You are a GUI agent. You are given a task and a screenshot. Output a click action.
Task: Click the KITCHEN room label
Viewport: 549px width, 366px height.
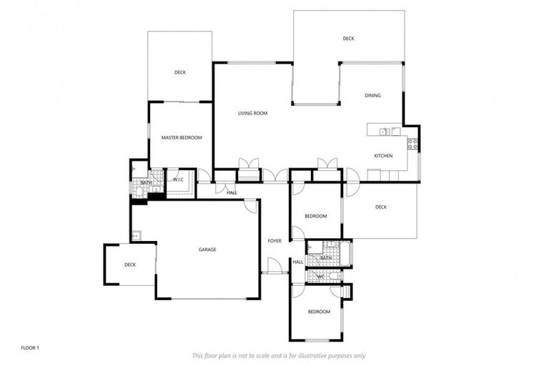pos(383,156)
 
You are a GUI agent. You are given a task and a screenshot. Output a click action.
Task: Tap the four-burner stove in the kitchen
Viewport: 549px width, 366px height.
pos(412,142)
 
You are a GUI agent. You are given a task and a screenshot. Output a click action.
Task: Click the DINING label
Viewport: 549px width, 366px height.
pos(372,95)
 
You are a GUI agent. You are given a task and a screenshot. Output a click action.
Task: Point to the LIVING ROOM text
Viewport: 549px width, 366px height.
pos(252,113)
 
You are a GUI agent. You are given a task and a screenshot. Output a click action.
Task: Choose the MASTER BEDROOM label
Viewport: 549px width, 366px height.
pos(181,137)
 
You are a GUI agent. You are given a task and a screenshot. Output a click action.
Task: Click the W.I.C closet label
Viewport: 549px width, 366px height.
pos(178,179)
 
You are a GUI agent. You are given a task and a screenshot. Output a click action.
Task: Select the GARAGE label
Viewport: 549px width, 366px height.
pos(207,249)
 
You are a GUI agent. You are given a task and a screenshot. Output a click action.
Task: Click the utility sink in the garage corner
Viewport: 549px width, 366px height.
pos(135,234)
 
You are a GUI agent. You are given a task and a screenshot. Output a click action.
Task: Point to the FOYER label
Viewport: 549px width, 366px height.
pos(274,241)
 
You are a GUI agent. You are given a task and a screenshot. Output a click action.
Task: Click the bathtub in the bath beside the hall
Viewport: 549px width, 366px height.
pos(344,251)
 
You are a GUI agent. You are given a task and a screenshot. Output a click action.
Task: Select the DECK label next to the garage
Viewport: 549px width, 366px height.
pos(129,264)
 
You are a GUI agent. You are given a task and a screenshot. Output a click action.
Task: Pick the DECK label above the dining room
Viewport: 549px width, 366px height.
pos(348,39)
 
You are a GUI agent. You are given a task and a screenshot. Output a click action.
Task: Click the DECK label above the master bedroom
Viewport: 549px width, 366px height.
pos(180,72)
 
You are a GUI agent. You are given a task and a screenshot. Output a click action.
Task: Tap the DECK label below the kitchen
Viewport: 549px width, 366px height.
pos(380,207)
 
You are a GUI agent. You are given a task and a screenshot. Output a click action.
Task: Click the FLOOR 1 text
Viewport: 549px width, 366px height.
pos(30,347)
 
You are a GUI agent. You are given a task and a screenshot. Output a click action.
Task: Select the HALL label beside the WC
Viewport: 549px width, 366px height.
pos(297,262)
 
